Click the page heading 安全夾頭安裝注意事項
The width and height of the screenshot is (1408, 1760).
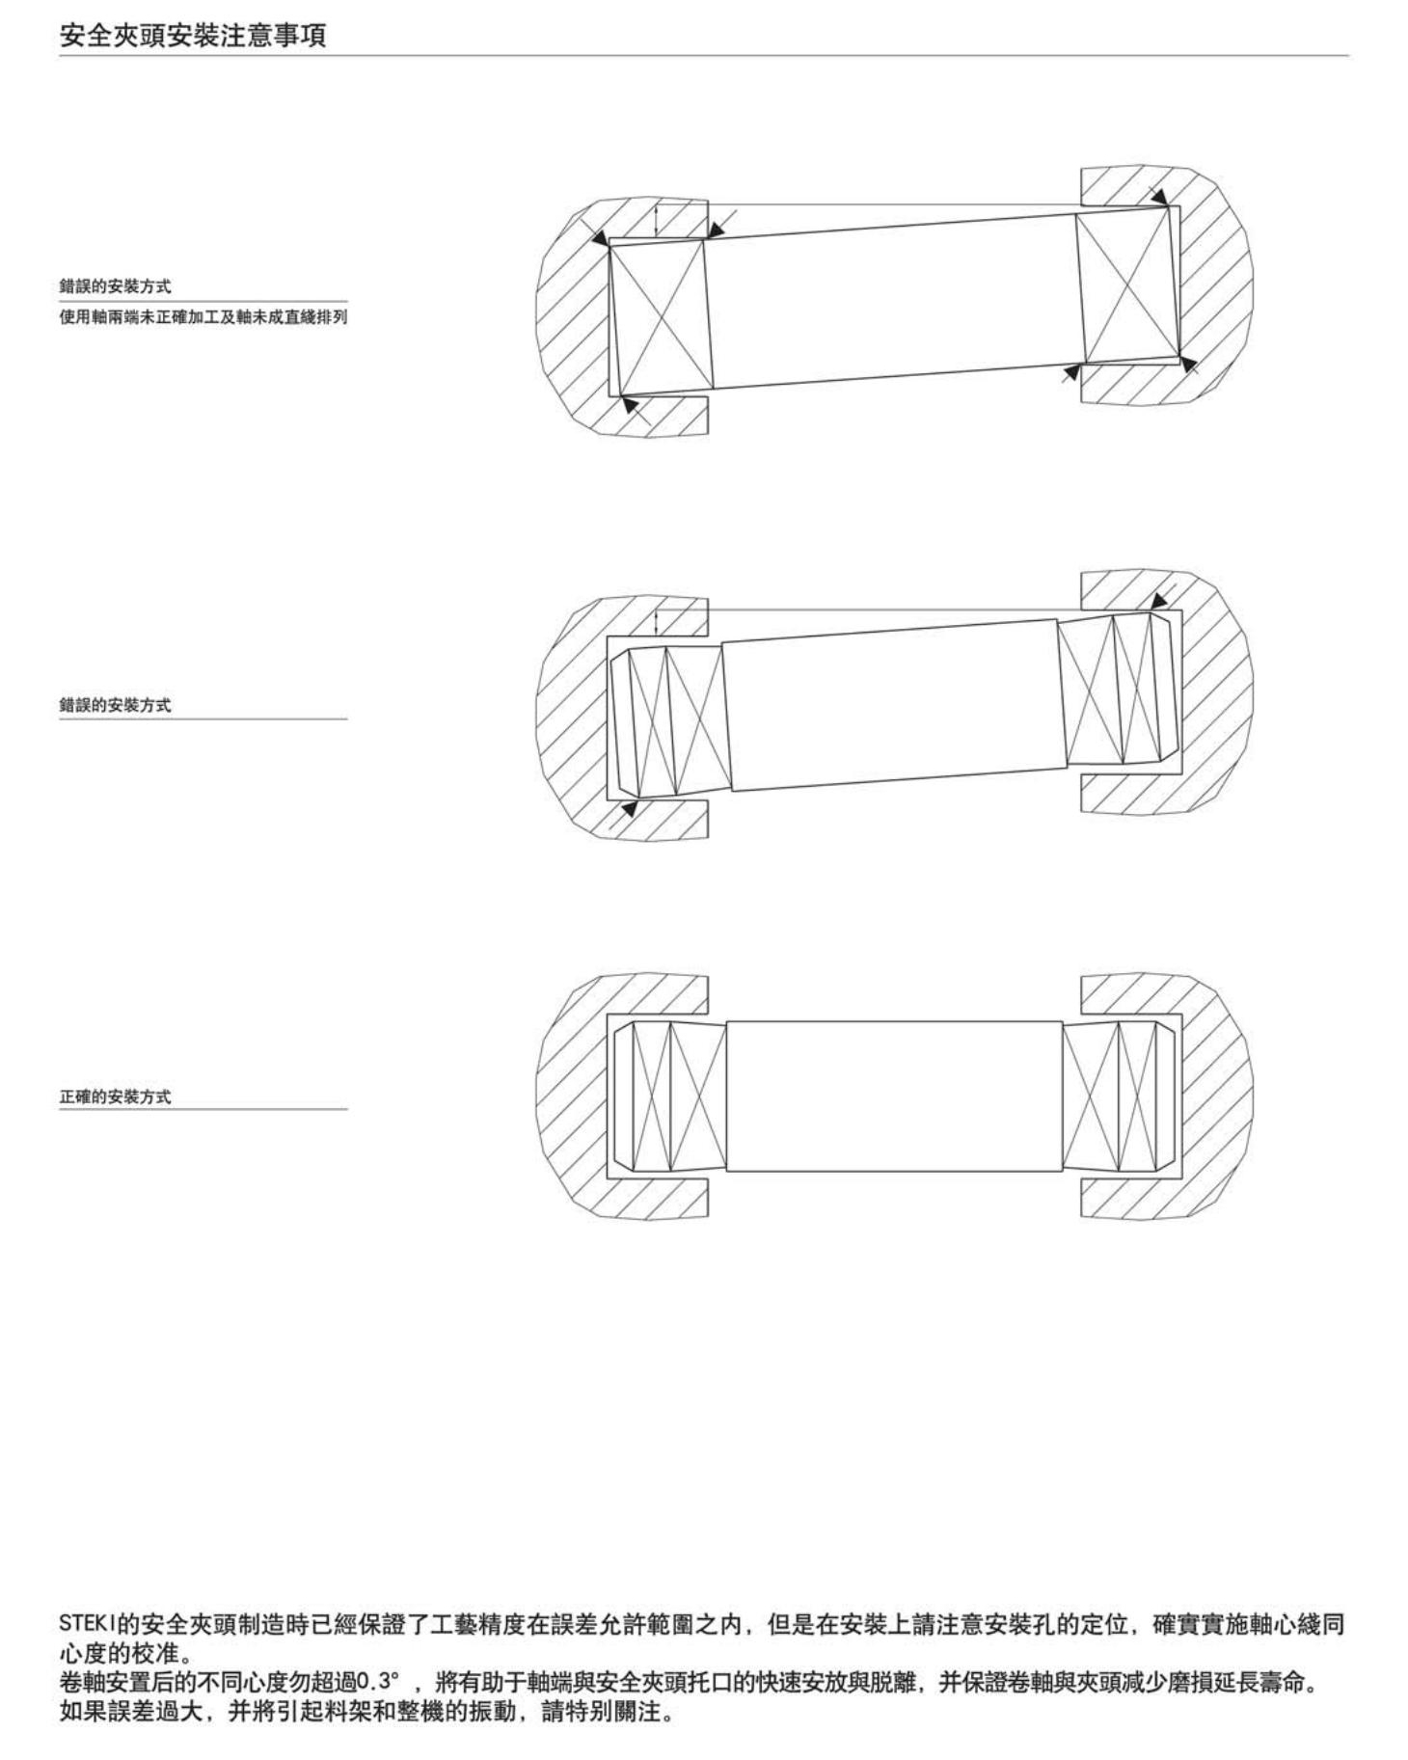point(193,36)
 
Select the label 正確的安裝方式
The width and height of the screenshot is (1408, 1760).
point(116,1097)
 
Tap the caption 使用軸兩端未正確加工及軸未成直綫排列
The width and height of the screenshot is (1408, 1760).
point(203,316)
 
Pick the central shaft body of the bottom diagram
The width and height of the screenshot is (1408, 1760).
point(894,1097)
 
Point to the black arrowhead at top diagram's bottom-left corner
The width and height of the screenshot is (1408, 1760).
point(630,405)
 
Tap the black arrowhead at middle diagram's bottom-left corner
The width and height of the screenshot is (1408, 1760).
point(629,808)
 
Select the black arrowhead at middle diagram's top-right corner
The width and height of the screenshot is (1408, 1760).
point(1161,600)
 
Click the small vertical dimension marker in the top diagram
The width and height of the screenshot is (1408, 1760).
point(656,220)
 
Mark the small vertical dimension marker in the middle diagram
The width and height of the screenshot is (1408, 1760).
point(656,622)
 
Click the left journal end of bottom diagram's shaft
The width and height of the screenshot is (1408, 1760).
point(669,1097)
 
